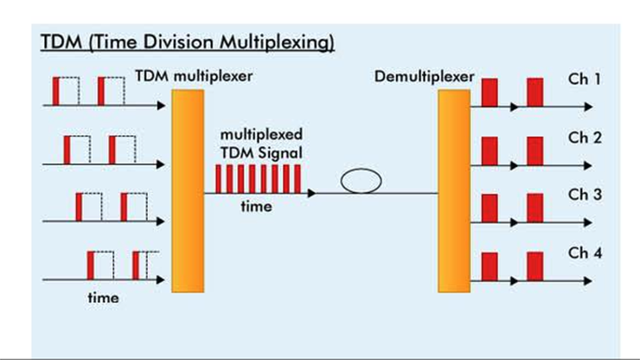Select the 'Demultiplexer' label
(425, 76)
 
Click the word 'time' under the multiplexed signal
(256, 206)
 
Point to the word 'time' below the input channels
(103, 298)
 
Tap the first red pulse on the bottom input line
(91, 265)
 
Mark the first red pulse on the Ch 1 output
(490, 92)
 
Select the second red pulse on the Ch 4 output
(534, 265)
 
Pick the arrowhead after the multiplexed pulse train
(311, 193)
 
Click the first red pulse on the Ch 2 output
(490, 150)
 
